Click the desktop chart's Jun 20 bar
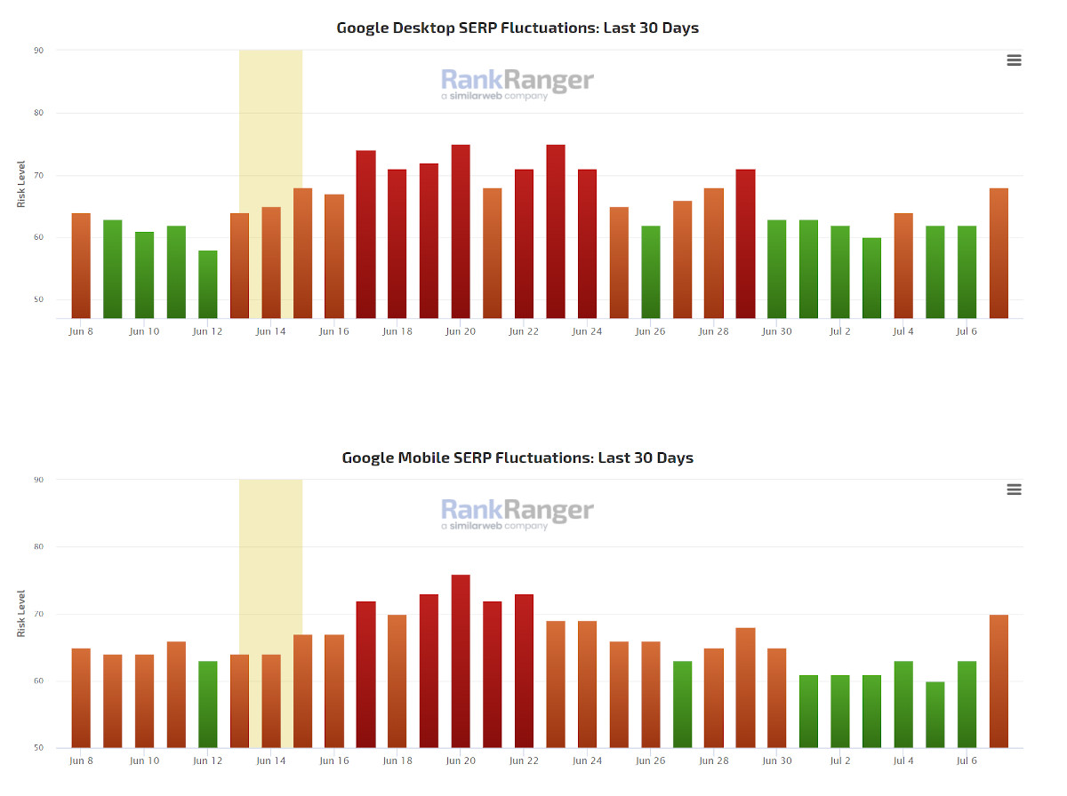(x=461, y=231)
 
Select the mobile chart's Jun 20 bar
(x=461, y=661)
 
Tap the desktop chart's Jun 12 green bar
(x=207, y=284)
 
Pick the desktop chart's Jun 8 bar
(x=81, y=266)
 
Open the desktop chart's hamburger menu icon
(x=1014, y=60)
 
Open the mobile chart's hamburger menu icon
(x=1014, y=490)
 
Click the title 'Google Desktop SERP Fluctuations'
(x=517, y=28)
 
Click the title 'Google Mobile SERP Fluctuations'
(x=517, y=458)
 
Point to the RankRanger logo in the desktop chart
(x=517, y=84)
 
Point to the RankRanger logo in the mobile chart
(x=517, y=513)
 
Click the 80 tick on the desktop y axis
(x=38, y=113)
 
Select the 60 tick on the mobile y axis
(x=38, y=681)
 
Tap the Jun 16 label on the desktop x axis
(x=334, y=331)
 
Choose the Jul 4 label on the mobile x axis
(x=903, y=760)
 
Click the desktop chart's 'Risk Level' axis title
(x=21, y=185)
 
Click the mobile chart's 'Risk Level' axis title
(x=21, y=614)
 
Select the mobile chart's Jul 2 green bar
(x=840, y=711)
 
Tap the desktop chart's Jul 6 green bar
(x=967, y=272)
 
